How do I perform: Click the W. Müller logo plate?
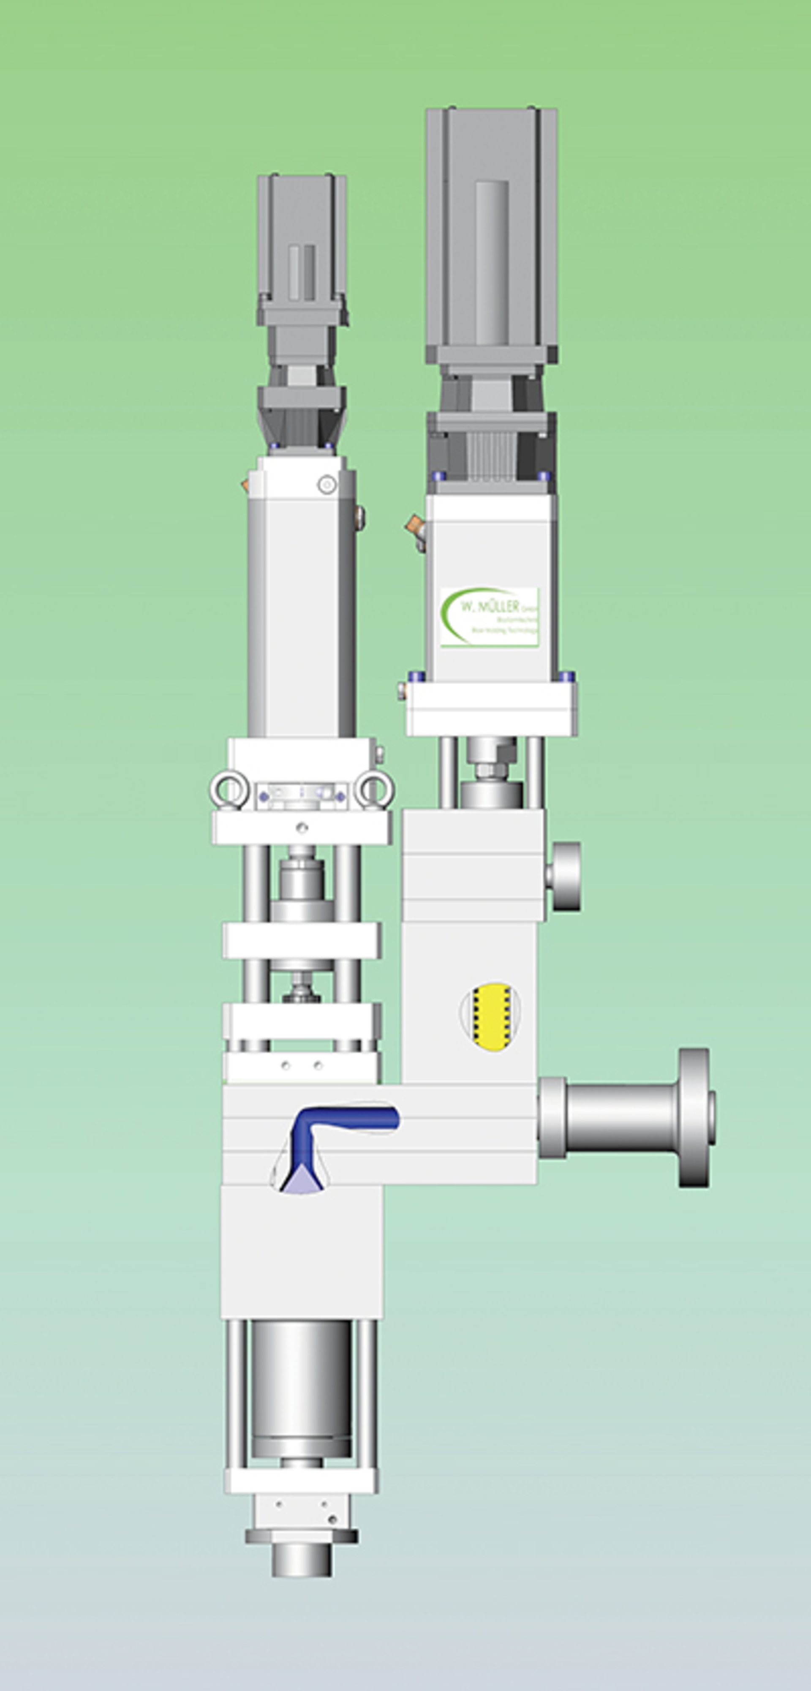coord(490,617)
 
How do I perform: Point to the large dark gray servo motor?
coord(491,236)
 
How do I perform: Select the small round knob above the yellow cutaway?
coord(565,877)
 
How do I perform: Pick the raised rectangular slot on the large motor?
coord(491,263)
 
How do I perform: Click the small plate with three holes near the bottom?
coord(302,1509)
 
